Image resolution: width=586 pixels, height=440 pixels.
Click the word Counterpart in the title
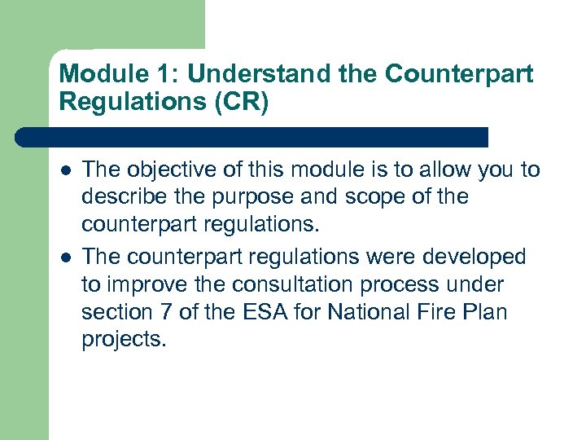tap(459, 74)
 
